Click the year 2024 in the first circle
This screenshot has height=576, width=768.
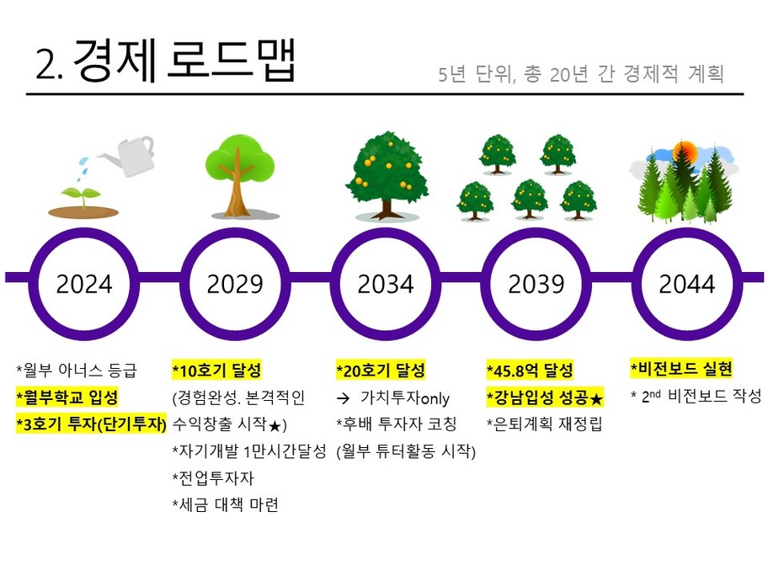pyautogui.click(x=84, y=284)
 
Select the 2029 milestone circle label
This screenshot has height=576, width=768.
pyautogui.click(x=235, y=284)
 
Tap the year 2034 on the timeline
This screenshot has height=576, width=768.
pyautogui.click(x=386, y=284)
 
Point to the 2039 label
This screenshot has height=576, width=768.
pyautogui.click(x=536, y=284)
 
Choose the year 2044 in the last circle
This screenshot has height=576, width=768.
pyautogui.click(x=686, y=284)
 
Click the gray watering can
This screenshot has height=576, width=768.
pyautogui.click(x=128, y=156)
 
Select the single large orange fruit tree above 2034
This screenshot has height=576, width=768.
pyautogui.click(x=387, y=175)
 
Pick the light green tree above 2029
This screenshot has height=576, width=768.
pyautogui.click(x=238, y=176)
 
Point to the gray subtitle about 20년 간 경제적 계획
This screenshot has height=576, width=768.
pyautogui.click(x=581, y=74)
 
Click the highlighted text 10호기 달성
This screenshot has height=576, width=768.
pyautogui.click(x=217, y=371)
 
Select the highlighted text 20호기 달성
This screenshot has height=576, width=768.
pyautogui.click(x=381, y=371)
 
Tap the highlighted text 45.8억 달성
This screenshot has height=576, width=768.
pyautogui.click(x=530, y=371)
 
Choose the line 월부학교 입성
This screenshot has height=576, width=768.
pyautogui.click(x=67, y=397)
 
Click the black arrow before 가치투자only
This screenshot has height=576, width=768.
pyautogui.click(x=344, y=398)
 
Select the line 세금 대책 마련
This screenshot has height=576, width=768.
pyautogui.click(x=226, y=504)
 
